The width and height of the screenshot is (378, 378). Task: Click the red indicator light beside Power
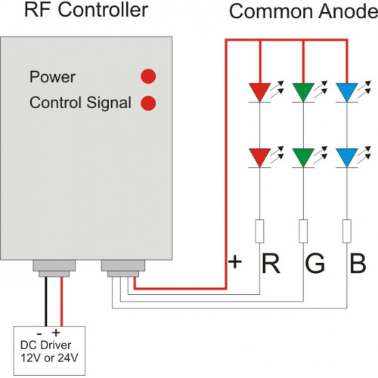click(x=148, y=76)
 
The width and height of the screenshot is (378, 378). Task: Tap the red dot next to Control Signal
click(x=148, y=104)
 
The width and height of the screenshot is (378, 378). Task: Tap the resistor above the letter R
click(x=260, y=231)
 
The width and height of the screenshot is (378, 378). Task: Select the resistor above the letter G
click(x=303, y=231)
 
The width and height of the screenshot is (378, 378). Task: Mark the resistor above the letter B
click(x=347, y=231)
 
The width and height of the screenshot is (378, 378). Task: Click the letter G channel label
click(x=314, y=263)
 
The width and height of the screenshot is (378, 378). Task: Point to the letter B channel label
click(x=358, y=263)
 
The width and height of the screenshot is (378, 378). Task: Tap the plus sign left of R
click(x=235, y=262)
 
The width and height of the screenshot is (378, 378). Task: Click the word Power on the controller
click(x=52, y=77)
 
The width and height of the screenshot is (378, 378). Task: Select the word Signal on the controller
click(x=109, y=104)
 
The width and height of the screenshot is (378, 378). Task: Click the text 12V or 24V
click(x=49, y=358)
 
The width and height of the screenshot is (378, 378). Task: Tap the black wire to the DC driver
click(x=46, y=302)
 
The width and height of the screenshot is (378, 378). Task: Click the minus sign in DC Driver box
click(x=39, y=334)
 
